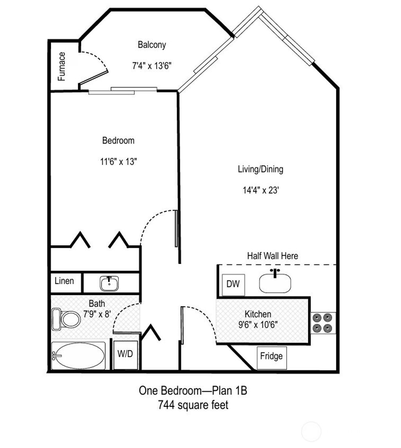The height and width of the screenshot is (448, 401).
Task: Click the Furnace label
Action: (62, 66)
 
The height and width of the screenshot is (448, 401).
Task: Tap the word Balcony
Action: (152, 45)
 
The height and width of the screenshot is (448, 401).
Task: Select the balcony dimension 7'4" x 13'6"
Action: (152, 65)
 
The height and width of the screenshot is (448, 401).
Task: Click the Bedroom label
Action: (118, 140)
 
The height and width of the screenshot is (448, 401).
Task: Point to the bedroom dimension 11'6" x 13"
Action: (118, 161)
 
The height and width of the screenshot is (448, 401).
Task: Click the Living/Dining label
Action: (260, 169)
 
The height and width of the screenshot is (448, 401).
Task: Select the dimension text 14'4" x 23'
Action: (260, 190)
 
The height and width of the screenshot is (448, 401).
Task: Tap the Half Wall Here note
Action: (272, 256)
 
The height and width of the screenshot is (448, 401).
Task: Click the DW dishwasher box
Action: (233, 284)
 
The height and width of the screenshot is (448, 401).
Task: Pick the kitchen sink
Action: (275, 283)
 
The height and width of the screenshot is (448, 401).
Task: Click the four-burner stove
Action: (323, 323)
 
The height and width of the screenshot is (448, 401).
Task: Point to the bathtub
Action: (78, 355)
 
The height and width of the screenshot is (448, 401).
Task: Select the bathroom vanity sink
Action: (109, 283)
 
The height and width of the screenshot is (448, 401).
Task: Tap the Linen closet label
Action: (64, 281)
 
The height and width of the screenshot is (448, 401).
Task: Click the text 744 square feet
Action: (193, 405)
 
